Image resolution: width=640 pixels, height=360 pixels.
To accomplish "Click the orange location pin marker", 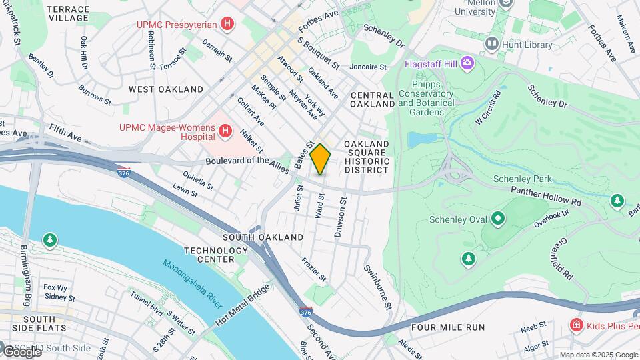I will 320,159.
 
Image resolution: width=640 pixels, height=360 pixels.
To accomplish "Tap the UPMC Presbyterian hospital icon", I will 228,25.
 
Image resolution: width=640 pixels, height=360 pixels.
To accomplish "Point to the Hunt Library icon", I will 492,45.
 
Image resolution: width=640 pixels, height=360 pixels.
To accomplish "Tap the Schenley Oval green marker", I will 497,218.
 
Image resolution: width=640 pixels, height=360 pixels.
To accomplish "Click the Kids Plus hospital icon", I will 576,325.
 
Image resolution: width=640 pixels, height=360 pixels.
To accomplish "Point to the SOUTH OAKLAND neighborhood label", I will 263,237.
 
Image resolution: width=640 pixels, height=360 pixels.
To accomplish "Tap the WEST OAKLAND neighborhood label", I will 166,89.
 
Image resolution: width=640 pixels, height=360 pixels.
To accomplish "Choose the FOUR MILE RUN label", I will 447,327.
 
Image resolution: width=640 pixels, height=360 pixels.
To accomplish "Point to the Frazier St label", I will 313,269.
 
